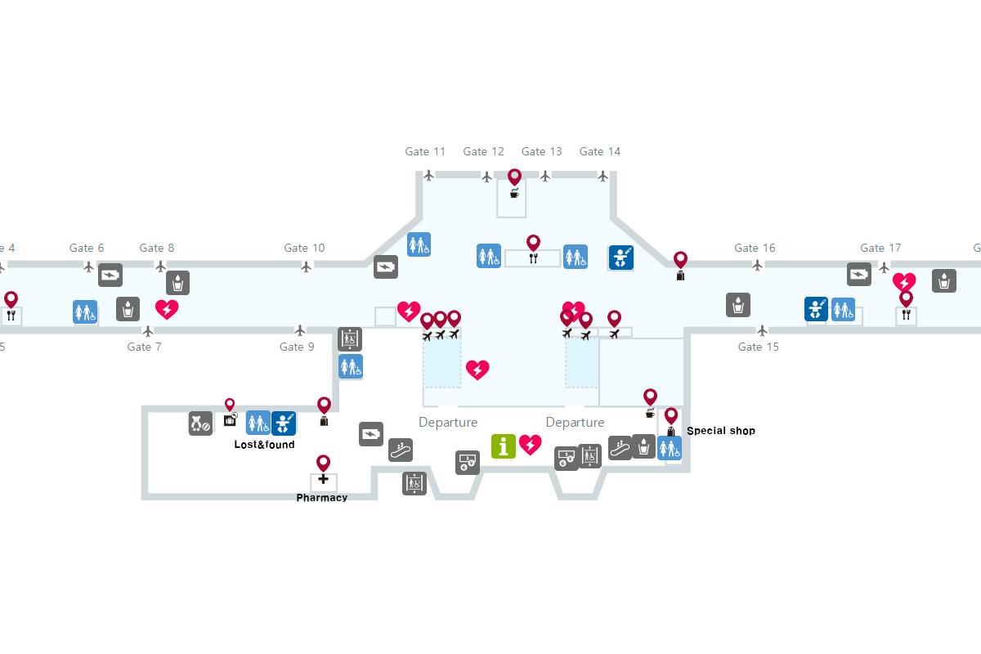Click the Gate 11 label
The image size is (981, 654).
(x=425, y=151)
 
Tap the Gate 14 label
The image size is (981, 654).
(x=599, y=151)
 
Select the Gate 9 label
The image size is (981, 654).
(x=297, y=347)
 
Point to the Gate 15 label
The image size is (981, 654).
(x=758, y=347)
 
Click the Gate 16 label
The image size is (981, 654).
(x=755, y=248)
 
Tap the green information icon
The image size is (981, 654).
(x=503, y=446)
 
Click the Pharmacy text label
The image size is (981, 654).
(x=321, y=498)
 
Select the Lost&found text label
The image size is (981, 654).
(x=264, y=445)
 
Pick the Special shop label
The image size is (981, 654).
(x=720, y=431)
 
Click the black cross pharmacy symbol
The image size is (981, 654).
(x=323, y=479)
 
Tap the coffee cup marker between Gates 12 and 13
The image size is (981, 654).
(x=514, y=193)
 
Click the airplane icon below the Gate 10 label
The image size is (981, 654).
(x=307, y=267)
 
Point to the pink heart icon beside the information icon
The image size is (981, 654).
(x=531, y=445)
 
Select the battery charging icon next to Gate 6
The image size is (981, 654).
(x=110, y=275)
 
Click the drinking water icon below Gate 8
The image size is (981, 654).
(x=177, y=283)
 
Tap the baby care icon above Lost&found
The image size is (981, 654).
(x=284, y=423)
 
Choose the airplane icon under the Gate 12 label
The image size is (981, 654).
(x=487, y=177)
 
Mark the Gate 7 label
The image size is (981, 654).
(x=144, y=347)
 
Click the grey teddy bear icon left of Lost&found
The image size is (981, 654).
(x=200, y=423)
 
